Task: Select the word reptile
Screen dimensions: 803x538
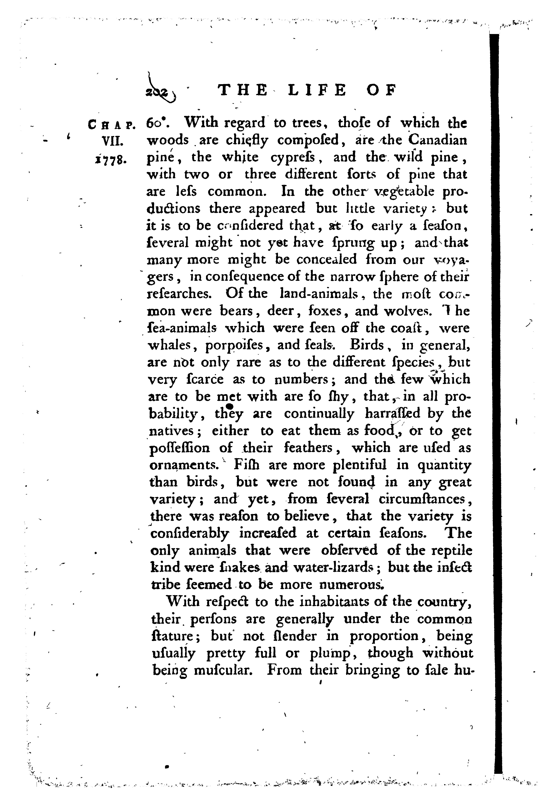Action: tap(452, 551)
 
